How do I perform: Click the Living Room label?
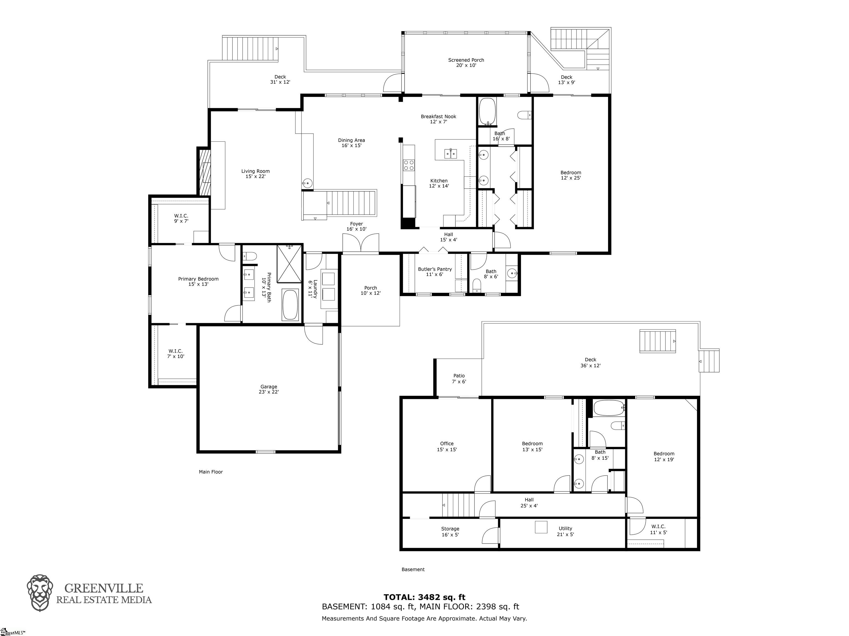pyautogui.click(x=255, y=174)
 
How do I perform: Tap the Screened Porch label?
pyautogui.click(x=466, y=62)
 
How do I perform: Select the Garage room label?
pyautogui.click(x=269, y=389)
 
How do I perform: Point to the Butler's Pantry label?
pyautogui.click(x=435, y=271)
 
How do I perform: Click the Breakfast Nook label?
pyautogui.click(x=438, y=119)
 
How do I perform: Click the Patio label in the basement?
pyautogui.click(x=459, y=379)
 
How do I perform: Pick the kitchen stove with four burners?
pyautogui.click(x=409, y=165)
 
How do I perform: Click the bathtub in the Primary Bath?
pyautogui.click(x=290, y=305)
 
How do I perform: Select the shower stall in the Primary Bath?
pyautogui.click(x=289, y=263)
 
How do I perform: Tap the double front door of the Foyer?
pyautogui.click(x=360, y=244)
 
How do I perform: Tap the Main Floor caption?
pyautogui.click(x=211, y=472)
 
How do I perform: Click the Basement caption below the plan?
pyautogui.click(x=413, y=569)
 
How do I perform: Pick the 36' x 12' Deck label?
pyautogui.click(x=590, y=363)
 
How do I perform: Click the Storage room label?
pyautogui.click(x=450, y=531)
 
